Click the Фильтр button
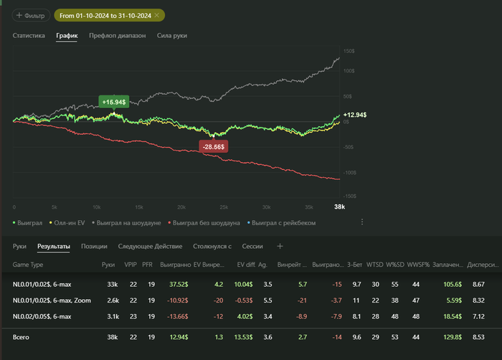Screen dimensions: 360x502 coord(28,15)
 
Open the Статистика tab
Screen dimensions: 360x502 coord(29,35)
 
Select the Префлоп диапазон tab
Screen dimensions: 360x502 coord(117,35)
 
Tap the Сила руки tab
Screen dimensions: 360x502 coord(172,35)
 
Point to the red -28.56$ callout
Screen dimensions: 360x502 coord(214,146)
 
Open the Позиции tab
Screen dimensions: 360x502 coord(94,246)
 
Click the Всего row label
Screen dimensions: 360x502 coord(22,336)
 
